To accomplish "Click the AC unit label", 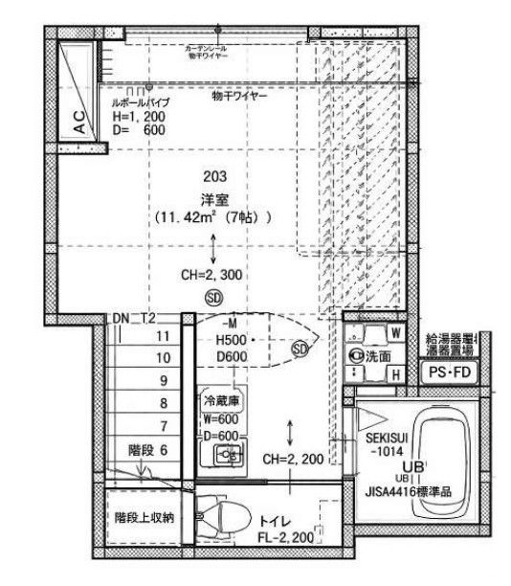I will coord(79,121).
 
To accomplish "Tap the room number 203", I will coord(215,176).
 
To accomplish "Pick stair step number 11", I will coord(163,336).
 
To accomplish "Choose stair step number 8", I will coord(163,402).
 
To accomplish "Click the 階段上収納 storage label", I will coord(140,518).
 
